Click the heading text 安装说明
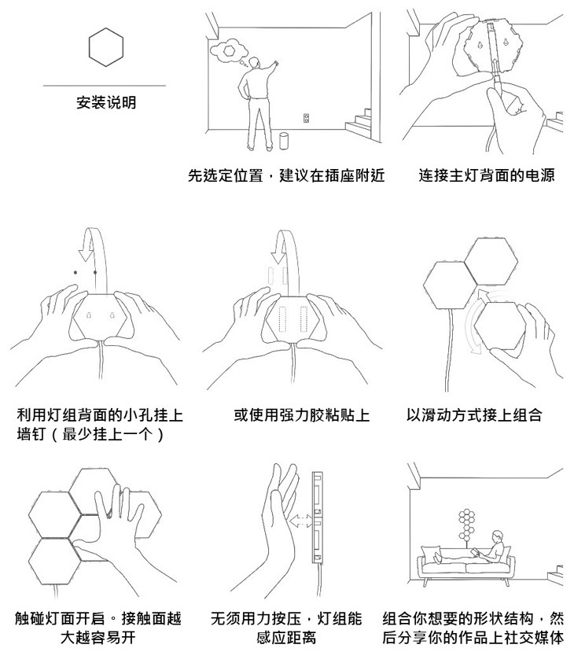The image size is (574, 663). (106, 103)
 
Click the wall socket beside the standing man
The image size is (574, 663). (307, 119)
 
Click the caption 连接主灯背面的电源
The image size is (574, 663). (487, 175)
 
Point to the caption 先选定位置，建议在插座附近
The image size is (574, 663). (286, 175)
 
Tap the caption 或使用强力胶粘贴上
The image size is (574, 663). (301, 414)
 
